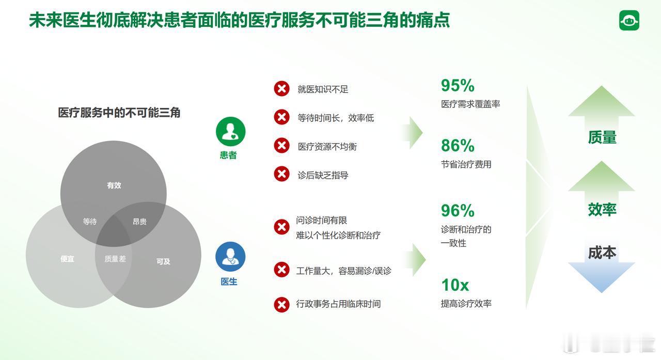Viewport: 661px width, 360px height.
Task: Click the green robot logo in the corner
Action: (x=629, y=20)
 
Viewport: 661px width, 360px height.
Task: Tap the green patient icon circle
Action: (x=230, y=132)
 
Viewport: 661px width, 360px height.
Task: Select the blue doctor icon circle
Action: (x=230, y=257)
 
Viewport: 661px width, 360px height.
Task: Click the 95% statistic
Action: (x=458, y=86)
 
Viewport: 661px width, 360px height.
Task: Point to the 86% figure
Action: (x=458, y=146)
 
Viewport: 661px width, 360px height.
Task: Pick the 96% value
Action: (x=458, y=211)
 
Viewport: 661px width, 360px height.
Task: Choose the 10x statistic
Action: (x=455, y=285)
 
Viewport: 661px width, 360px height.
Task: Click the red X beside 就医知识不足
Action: (x=281, y=88)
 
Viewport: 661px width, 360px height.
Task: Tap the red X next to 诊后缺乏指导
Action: (x=281, y=174)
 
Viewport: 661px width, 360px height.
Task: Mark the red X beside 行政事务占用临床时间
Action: (x=281, y=305)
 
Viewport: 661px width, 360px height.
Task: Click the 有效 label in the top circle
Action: (x=114, y=185)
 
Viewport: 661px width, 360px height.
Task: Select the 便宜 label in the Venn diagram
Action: (x=67, y=259)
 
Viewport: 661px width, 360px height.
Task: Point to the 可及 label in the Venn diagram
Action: (x=163, y=261)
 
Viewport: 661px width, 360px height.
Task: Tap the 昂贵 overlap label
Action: (x=139, y=221)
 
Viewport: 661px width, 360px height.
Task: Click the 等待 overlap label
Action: (x=90, y=221)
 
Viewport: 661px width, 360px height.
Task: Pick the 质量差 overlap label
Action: (x=115, y=259)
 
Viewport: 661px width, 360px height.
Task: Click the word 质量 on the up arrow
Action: (x=602, y=137)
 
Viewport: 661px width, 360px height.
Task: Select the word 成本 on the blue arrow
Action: (x=602, y=253)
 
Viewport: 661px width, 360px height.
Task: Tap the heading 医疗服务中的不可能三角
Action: (x=119, y=113)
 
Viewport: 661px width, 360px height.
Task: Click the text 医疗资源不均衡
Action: (x=327, y=146)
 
